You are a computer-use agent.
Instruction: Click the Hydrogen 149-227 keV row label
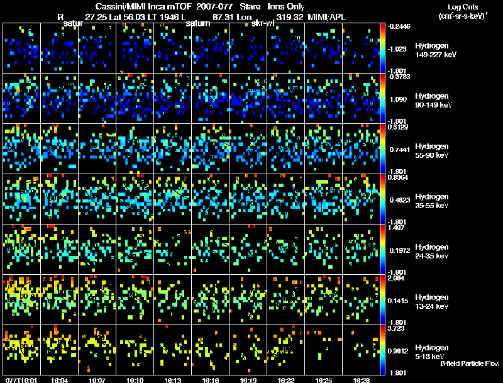coord(434,50)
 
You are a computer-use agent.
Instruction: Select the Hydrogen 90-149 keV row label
coord(434,101)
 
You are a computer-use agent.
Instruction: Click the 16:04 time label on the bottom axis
coord(60,380)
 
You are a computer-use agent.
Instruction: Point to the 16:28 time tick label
coord(362,380)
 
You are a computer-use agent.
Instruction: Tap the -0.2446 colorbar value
coord(400,26)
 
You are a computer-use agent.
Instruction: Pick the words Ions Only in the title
coord(286,6)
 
